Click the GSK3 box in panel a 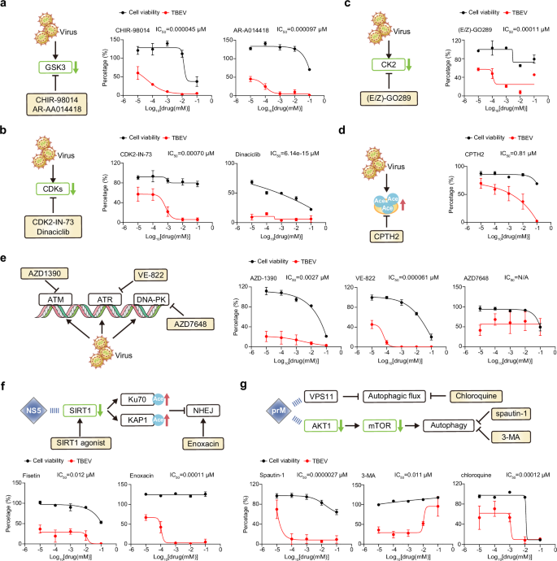pos(50,67)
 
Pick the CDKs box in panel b pos(50,189)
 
